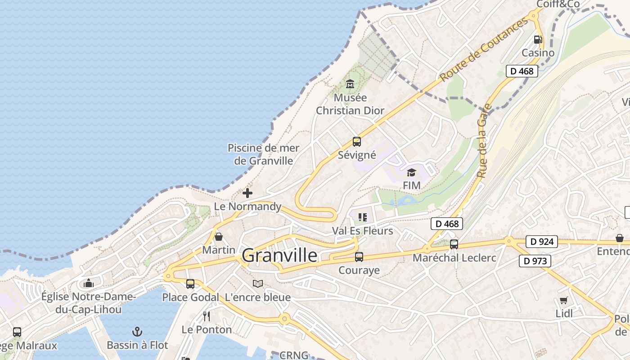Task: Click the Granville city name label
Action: coord(279,255)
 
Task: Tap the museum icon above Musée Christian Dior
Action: coord(350,84)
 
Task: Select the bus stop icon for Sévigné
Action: coord(357,142)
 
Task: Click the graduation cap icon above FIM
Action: coord(411,172)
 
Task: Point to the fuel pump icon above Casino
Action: coord(538,40)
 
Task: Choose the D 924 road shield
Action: coord(541,242)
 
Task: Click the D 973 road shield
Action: coord(535,261)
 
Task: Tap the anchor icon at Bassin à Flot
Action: coord(137,332)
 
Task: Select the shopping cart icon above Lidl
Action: coord(564,300)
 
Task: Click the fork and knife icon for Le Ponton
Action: coord(207,316)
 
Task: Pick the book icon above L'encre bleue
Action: coord(258,283)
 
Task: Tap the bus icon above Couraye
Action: coord(359,257)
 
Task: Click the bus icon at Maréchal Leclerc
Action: coord(454,244)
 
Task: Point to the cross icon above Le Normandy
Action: coord(247,193)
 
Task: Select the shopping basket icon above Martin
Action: coord(219,236)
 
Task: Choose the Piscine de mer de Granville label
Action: coord(263,154)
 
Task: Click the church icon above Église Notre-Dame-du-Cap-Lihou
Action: coord(89,283)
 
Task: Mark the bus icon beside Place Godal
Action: coord(190,284)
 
